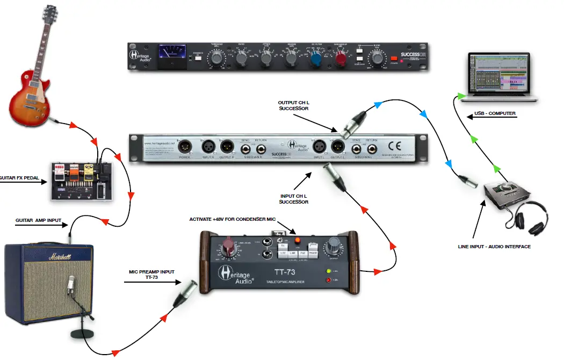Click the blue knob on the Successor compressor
[316, 57]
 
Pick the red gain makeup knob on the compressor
[341, 57]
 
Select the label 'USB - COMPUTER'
[495, 113]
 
